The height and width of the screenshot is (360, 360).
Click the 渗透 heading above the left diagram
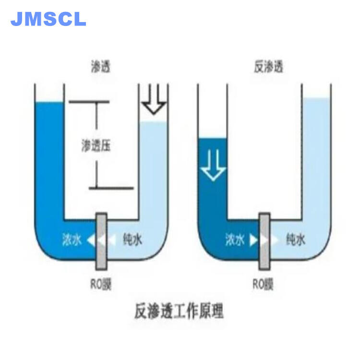[100, 66]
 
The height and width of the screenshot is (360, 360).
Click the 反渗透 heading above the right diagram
[268, 66]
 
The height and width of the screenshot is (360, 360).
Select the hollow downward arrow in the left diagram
[154, 99]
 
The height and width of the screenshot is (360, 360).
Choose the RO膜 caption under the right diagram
[263, 284]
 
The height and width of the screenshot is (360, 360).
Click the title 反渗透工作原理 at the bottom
[179, 311]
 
